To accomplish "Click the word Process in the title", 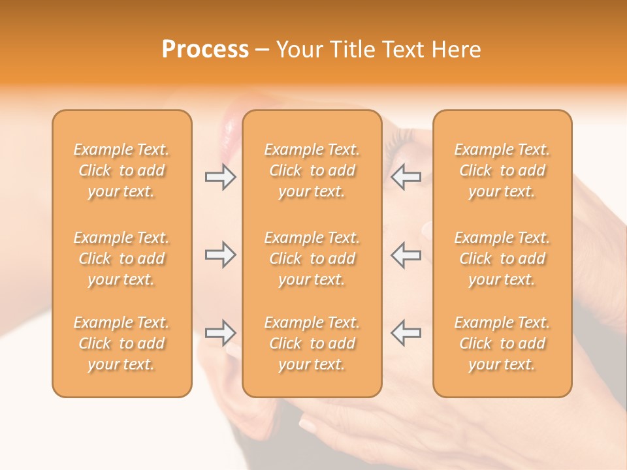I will pos(205,50).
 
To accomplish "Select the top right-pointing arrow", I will pos(220,178).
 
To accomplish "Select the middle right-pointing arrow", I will pos(220,255).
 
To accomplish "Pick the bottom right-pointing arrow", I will pos(220,333).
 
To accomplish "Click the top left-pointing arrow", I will pos(406,178).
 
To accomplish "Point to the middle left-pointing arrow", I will pos(406,255).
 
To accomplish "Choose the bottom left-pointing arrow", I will pos(406,333).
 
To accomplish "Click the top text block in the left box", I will pos(121,170).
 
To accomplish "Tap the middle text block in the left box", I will pos(121,258).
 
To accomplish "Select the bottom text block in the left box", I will pos(121,343).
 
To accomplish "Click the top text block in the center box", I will pos(312,170).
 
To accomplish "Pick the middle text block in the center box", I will pos(312,258).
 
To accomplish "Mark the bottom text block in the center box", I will pos(312,343).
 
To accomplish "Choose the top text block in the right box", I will pos(502,170).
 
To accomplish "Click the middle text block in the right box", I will pos(502,258).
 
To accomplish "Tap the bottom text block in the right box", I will pos(502,343).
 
